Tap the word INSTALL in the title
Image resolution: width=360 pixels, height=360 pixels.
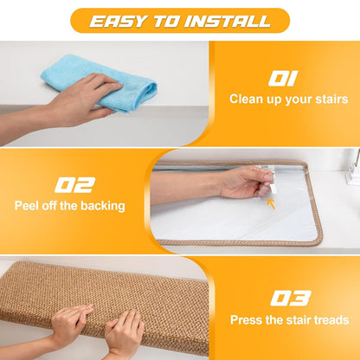pyautogui.click(x=228, y=21)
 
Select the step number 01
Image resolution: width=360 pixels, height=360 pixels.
pyautogui.click(x=283, y=79)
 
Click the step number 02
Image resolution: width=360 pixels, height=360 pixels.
pyautogui.click(x=75, y=185)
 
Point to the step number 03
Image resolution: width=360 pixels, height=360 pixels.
pyautogui.click(x=291, y=299)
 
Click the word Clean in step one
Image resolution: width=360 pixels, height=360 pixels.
pyautogui.click(x=246, y=99)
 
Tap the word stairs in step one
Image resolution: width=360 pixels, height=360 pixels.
pyautogui.click(x=331, y=99)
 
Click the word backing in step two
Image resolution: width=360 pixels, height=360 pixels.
pyautogui.click(x=103, y=206)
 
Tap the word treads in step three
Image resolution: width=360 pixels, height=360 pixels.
pyautogui.click(x=331, y=320)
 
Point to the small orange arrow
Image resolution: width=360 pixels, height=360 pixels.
pyautogui.click(x=271, y=203)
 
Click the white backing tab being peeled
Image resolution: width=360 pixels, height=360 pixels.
pyautogui.click(x=273, y=189)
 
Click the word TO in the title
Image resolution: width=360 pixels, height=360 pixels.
pyautogui.click(x=165, y=21)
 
